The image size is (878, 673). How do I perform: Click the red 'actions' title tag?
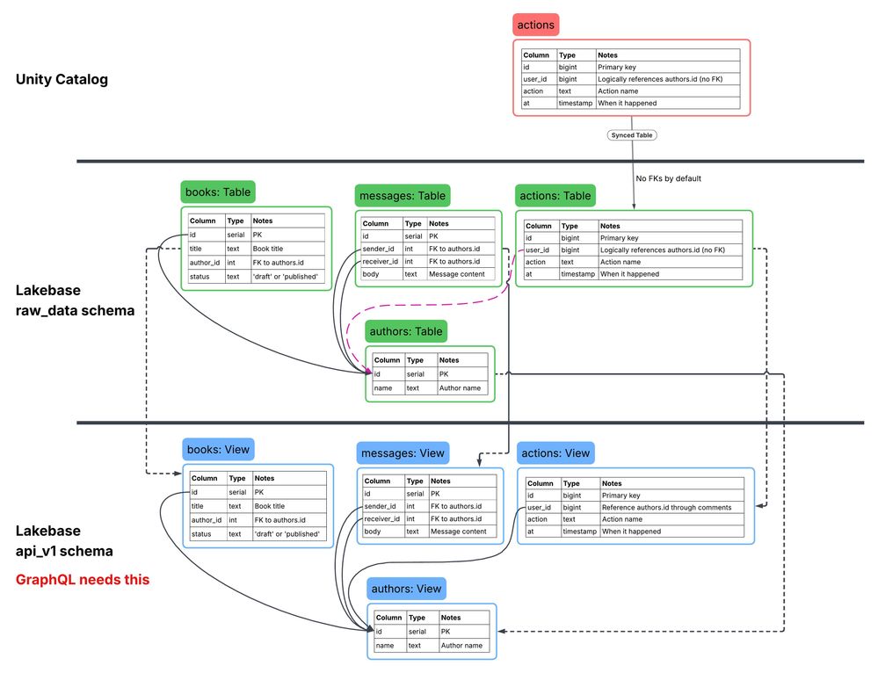(x=535, y=25)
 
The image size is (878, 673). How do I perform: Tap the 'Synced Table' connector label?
(x=633, y=135)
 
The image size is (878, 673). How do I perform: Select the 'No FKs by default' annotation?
(x=668, y=178)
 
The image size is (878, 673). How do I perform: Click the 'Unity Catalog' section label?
(x=62, y=79)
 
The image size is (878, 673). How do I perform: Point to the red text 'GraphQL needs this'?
(x=83, y=580)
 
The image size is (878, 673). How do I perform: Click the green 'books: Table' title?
(x=218, y=192)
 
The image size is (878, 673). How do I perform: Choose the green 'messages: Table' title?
(x=401, y=195)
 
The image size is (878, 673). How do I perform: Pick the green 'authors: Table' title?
(x=407, y=331)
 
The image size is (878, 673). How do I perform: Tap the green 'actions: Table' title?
(x=555, y=195)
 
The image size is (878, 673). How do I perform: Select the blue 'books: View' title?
(x=218, y=450)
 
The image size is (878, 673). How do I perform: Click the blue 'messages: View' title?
(x=402, y=452)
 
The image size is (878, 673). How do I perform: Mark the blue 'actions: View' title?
(x=555, y=452)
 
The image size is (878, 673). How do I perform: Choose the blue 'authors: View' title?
(x=407, y=589)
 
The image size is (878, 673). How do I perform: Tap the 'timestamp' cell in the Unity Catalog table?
(x=576, y=103)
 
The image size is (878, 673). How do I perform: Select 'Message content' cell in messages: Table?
(x=457, y=274)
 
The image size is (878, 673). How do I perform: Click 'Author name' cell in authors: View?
(x=461, y=645)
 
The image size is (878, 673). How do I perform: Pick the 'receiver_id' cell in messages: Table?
(x=381, y=261)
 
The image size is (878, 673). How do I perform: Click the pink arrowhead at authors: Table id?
(x=368, y=373)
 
